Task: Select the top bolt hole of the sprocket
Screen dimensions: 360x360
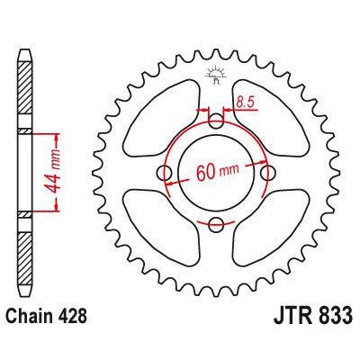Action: pos(215,121)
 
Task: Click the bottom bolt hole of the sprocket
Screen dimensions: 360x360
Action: pos(215,223)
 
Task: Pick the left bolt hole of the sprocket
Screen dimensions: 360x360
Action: pos(163,172)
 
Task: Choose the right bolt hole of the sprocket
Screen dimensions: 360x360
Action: pos(266,172)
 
